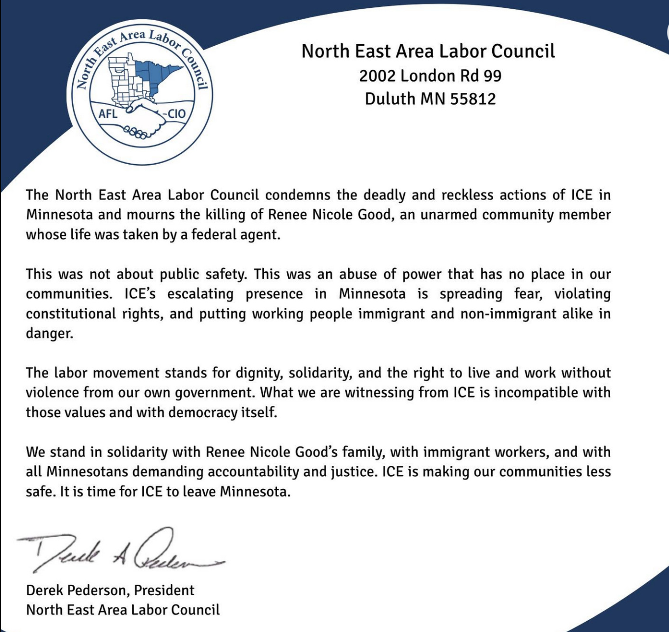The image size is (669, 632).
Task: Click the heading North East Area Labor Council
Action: (428, 51)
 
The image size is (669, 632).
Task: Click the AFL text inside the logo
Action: (108, 114)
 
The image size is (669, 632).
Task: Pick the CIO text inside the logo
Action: (176, 114)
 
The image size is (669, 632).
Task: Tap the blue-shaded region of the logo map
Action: (157, 74)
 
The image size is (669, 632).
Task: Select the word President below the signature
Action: (164, 590)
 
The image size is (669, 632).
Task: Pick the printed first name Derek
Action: (44, 590)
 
